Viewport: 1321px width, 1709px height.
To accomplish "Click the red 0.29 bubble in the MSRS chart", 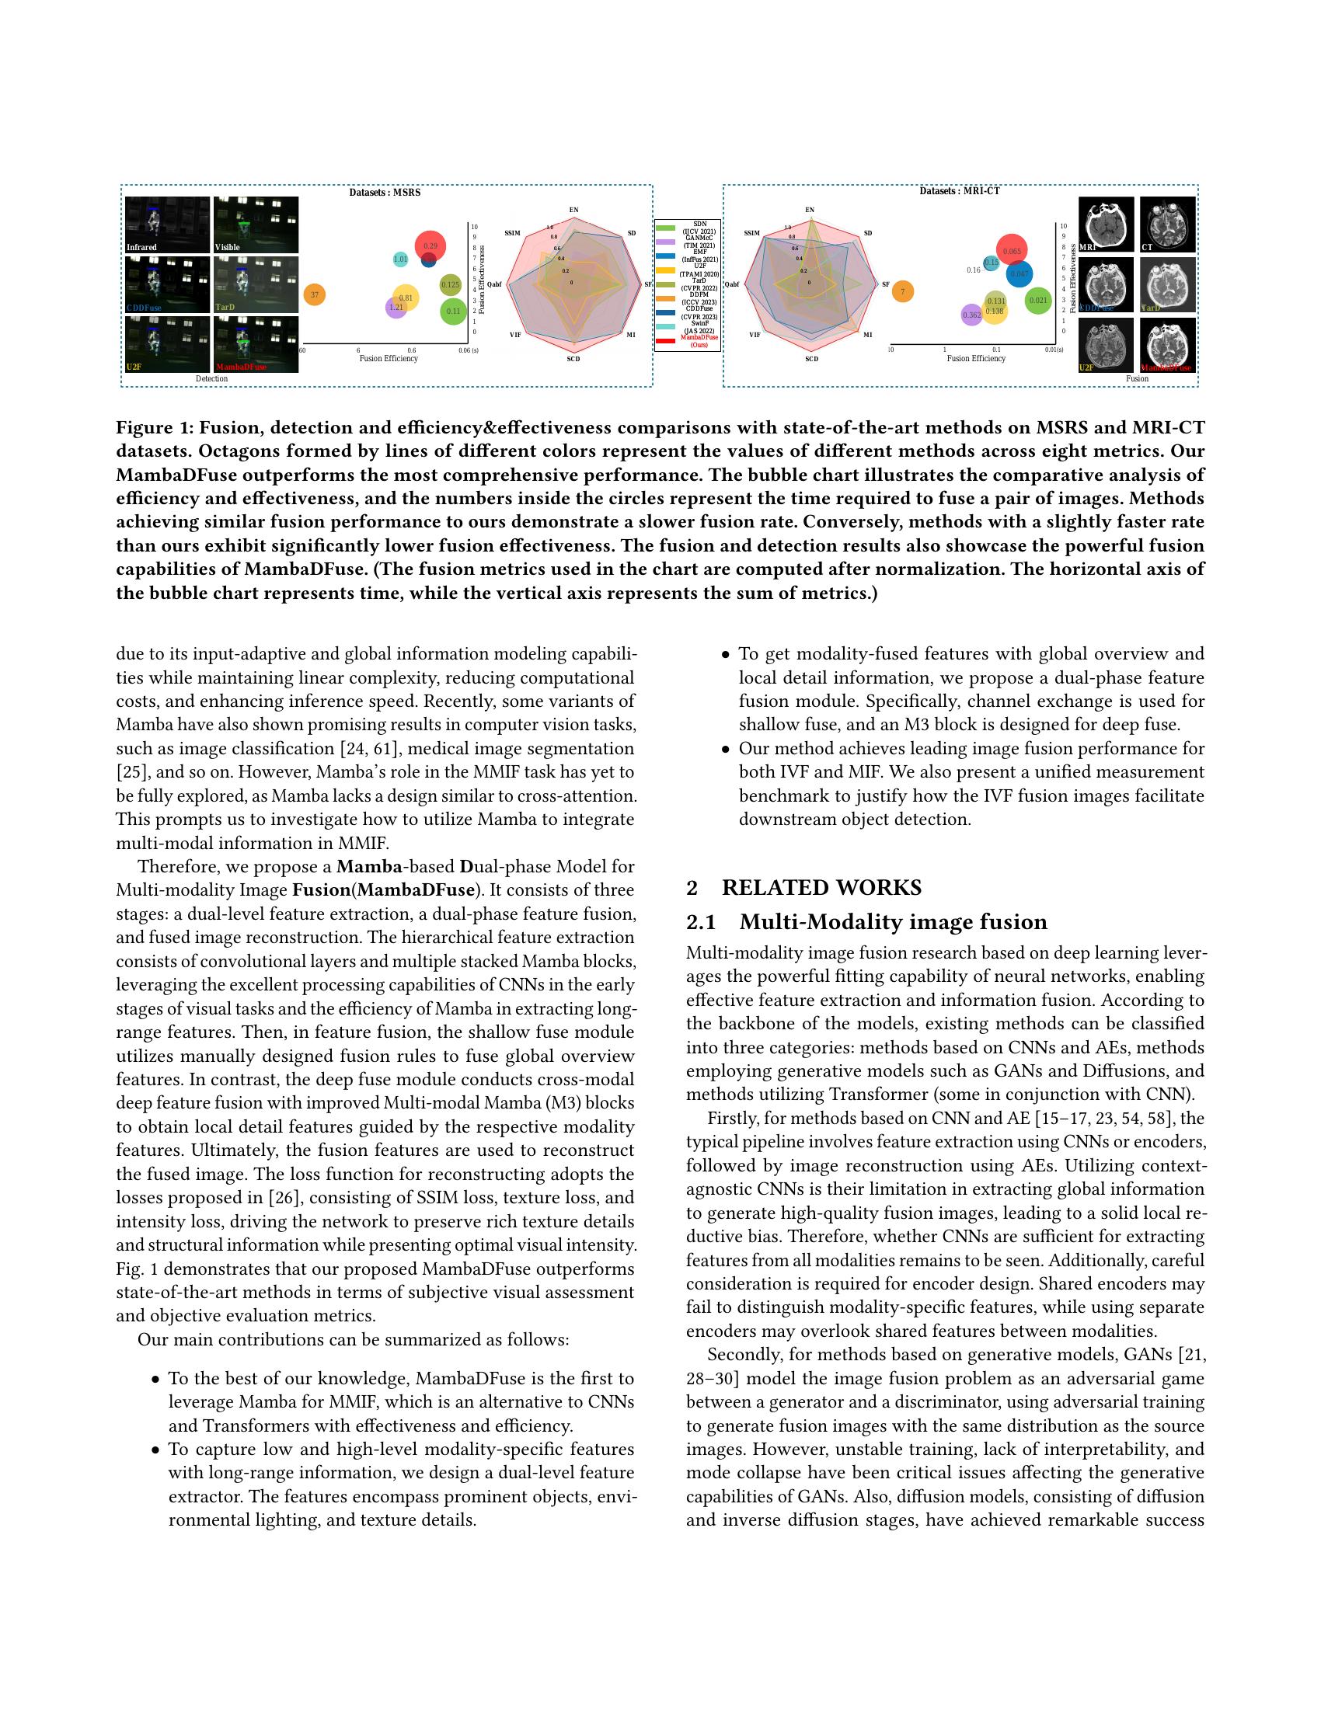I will click(x=430, y=245).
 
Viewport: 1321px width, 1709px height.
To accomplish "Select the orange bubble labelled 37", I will click(x=314, y=295).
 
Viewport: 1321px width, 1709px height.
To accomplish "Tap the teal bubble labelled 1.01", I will click(x=400, y=259).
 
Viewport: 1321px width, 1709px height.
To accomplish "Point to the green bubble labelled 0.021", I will click(x=1037, y=300).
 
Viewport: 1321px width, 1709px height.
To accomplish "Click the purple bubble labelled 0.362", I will click(x=971, y=315).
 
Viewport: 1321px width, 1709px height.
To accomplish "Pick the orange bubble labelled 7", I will click(x=902, y=291).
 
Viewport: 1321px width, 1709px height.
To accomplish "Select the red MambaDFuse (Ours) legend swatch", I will click(x=665, y=340).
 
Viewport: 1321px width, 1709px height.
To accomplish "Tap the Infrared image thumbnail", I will click(x=168, y=225).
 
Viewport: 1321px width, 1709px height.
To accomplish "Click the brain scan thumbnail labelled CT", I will click(x=1168, y=225).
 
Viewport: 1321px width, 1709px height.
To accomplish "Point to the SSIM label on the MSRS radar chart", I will click(x=513, y=233).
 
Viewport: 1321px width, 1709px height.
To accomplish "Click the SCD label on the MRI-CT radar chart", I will click(x=810, y=358).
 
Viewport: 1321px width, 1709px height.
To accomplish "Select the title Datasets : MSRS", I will click(x=384, y=192).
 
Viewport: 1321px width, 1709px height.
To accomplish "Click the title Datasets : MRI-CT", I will click(x=959, y=191).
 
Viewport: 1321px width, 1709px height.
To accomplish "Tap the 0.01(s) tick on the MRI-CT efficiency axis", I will click(x=1054, y=350).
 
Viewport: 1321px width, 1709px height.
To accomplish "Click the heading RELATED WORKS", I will click(x=821, y=887).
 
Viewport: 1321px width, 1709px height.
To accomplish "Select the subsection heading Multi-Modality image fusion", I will click(x=893, y=922).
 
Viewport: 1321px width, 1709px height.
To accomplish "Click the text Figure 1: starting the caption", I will click(x=154, y=427).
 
